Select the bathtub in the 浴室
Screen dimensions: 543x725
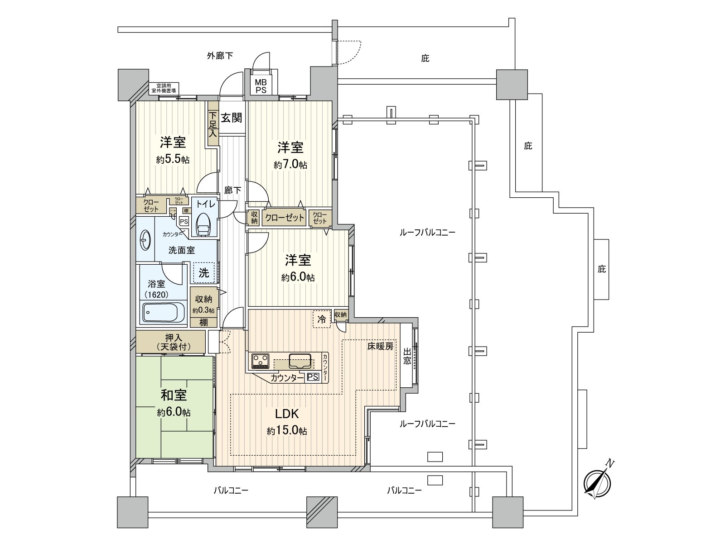point(164,312)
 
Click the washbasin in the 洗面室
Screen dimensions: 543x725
point(145,240)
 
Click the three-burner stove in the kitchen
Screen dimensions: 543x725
point(261,361)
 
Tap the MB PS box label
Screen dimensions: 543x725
point(260,86)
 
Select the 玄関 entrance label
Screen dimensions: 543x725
point(231,118)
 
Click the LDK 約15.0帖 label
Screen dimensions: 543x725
point(286,422)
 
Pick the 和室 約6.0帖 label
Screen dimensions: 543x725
point(174,403)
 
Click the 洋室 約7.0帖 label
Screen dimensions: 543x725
point(290,155)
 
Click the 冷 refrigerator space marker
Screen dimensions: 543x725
point(321,319)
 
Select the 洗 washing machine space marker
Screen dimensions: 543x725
point(204,273)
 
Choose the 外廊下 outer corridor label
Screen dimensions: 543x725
point(220,56)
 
